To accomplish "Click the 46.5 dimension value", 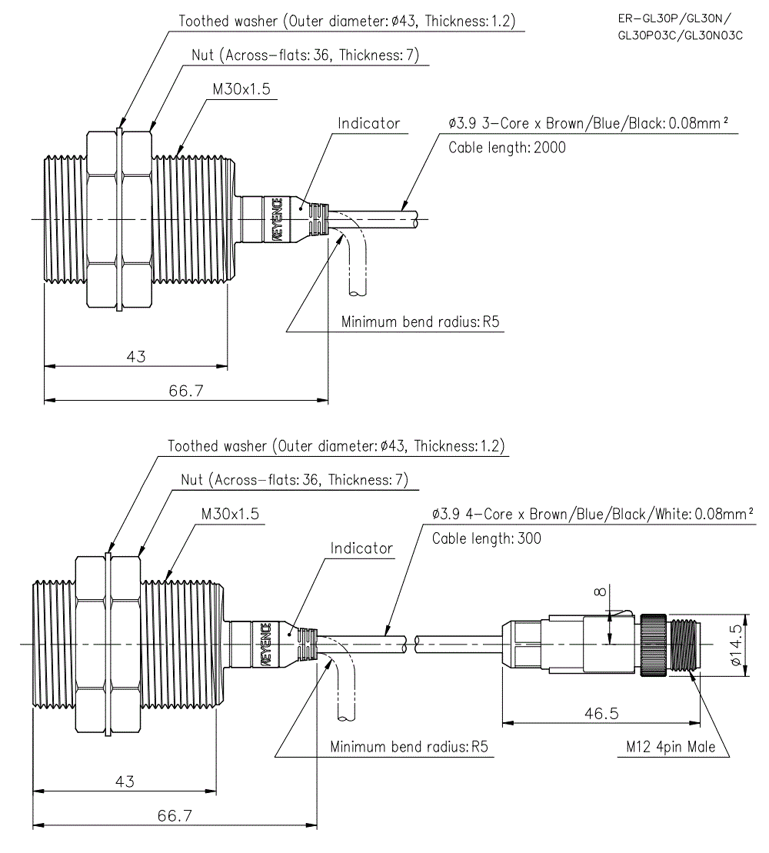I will (x=601, y=713).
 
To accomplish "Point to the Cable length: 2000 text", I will (x=507, y=148).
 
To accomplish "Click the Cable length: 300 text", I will (x=486, y=538).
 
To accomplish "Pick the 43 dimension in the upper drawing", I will (x=136, y=356).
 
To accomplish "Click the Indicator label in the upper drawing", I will (x=369, y=123).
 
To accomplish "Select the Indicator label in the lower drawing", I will (x=361, y=548).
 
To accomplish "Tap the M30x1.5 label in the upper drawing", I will (x=241, y=89).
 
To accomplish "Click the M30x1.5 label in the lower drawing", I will (x=230, y=512).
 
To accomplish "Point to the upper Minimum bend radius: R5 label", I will (x=421, y=322).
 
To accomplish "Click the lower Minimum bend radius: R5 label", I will (x=409, y=747).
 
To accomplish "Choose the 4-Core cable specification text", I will (x=592, y=514).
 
